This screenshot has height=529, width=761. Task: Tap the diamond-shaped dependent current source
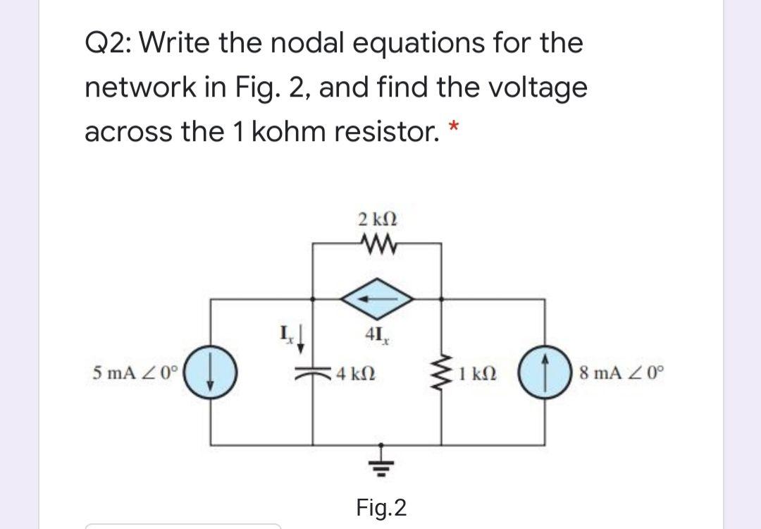click(x=378, y=299)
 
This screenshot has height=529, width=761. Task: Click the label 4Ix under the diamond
click(x=378, y=335)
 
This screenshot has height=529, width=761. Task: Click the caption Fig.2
click(x=380, y=507)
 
